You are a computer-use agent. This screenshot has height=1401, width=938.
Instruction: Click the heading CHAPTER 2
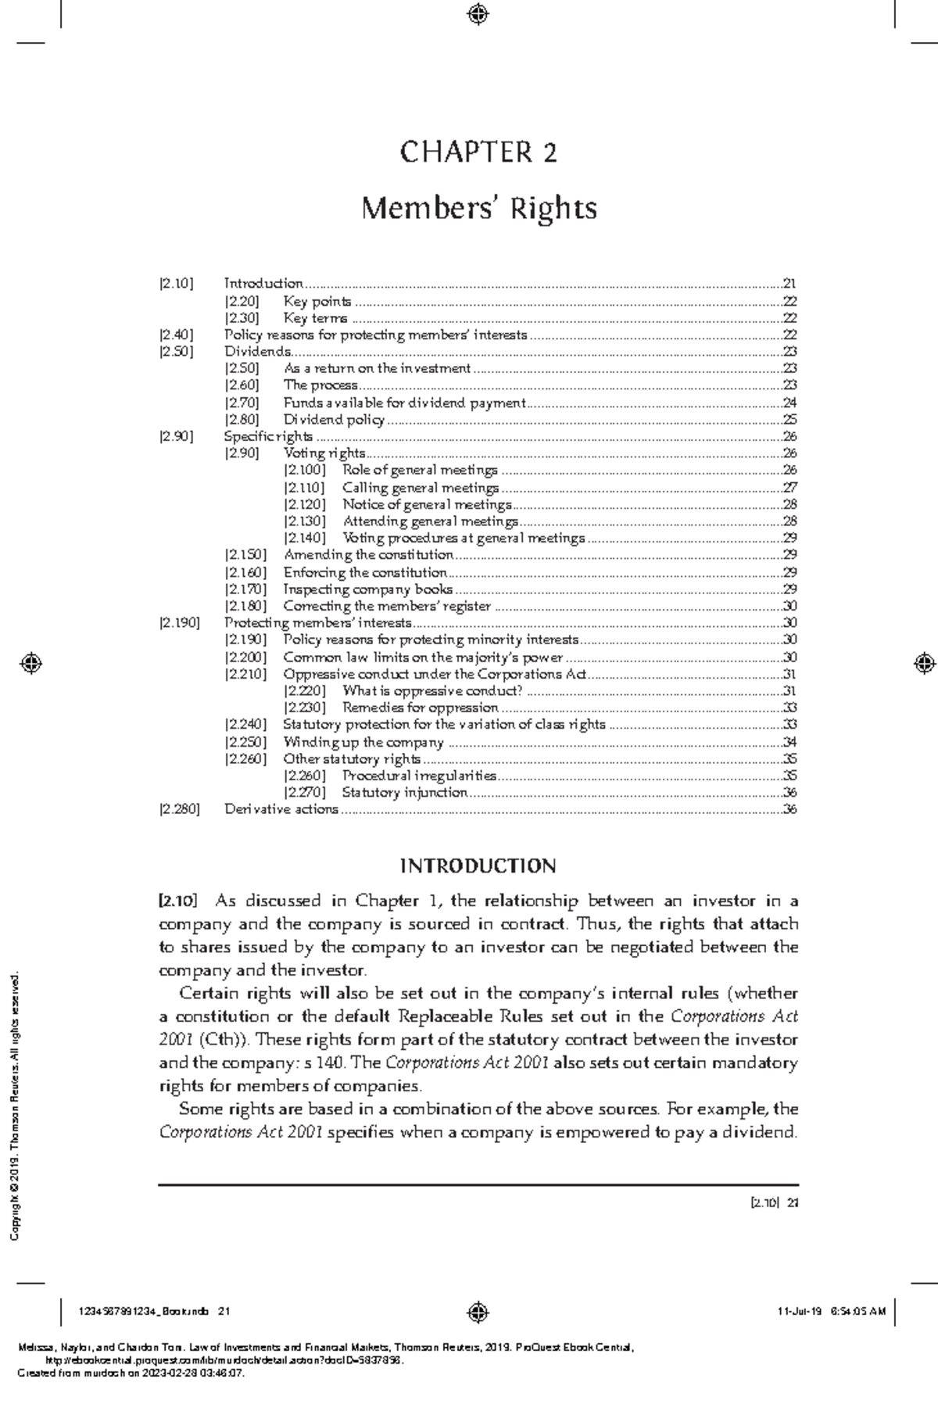tap(478, 152)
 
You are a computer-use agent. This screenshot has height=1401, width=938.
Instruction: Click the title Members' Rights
tap(478, 209)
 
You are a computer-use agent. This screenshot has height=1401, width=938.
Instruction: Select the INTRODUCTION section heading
tap(478, 866)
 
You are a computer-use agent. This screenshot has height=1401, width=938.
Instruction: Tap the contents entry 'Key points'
tap(317, 301)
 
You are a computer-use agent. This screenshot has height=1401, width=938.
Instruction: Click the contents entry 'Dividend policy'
tap(334, 420)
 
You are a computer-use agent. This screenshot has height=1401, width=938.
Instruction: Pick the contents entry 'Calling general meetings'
tap(421, 488)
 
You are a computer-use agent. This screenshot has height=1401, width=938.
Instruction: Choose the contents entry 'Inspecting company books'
tap(367, 589)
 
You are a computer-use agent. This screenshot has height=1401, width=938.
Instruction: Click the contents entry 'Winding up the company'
tap(363, 742)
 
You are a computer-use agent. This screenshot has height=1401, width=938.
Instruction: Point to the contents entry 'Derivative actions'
tap(281, 809)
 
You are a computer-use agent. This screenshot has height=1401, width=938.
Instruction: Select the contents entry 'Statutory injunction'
tap(404, 793)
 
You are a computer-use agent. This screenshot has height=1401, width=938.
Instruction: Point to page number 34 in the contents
tap(789, 742)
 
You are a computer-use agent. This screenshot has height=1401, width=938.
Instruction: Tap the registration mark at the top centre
tap(478, 13)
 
